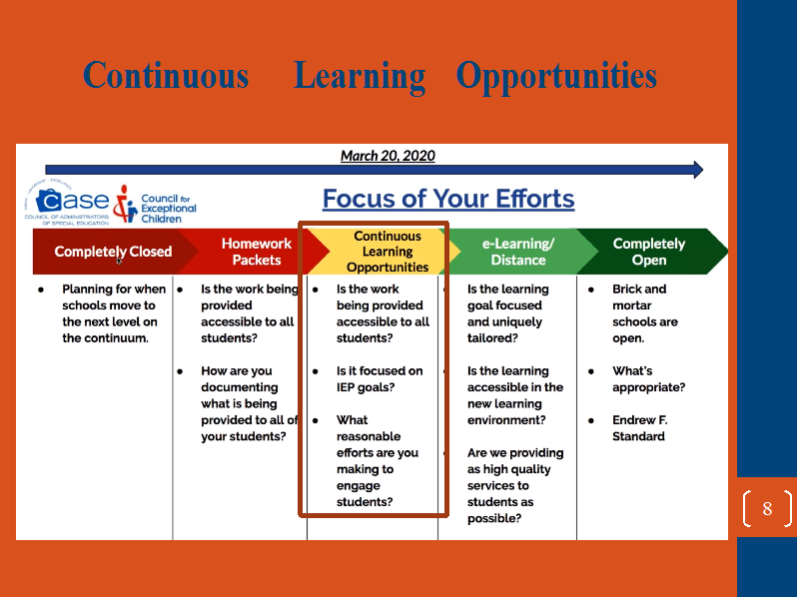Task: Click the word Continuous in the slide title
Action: (x=166, y=76)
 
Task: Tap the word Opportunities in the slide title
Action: (x=556, y=77)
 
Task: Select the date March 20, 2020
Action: (x=388, y=156)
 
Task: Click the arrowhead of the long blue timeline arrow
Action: (x=698, y=170)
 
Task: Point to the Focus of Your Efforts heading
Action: (x=448, y=199)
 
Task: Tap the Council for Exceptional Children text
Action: (x=168, y=209)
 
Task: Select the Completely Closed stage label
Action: (x=113, y=252)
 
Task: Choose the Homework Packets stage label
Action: (x=257, y=252)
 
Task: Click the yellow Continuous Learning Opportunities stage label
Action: (x=388, y=252)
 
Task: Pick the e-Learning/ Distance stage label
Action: (x=518, y=252)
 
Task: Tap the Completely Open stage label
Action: (x=649, y=252)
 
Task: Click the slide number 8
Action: (x=767, y=508)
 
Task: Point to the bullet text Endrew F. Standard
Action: (x=640, y=428)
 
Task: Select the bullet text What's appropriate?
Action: (x=648, y=379)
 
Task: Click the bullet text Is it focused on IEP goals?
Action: (x=380, y=379)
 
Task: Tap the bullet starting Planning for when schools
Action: (x=114, y=313)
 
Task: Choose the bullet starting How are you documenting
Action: (x=249, y=403)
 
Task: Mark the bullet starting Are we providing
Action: (x=515, y=485)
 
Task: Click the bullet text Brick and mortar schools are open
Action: (x=645, y=313)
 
